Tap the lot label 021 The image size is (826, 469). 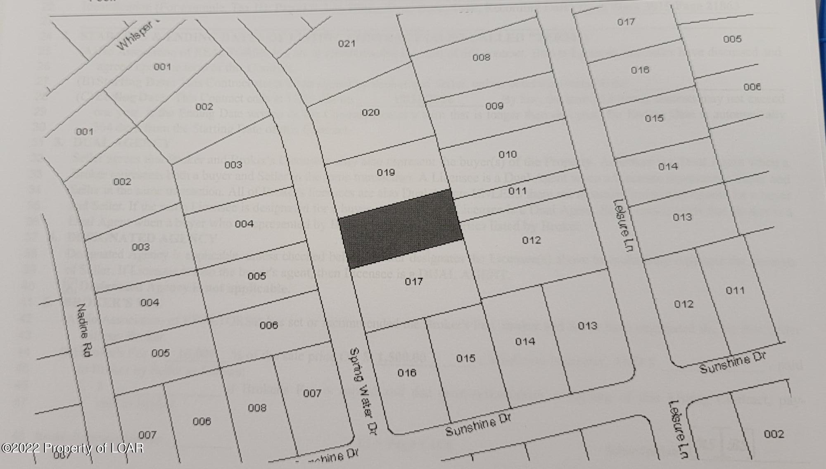347,44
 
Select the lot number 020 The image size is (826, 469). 370,112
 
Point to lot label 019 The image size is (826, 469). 386,172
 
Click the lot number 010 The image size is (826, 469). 508,154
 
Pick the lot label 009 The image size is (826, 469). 494,106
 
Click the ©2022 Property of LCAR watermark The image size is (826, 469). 72,448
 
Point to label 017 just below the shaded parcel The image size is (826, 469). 414,282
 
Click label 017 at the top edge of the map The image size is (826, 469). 626,22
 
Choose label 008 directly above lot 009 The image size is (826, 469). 481,57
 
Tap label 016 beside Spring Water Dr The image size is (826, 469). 407,373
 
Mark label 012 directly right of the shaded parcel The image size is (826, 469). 532,240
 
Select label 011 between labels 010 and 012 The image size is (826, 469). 517,191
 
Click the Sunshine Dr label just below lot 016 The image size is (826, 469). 478,425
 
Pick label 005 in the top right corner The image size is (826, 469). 732,39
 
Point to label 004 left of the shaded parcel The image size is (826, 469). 244,224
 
